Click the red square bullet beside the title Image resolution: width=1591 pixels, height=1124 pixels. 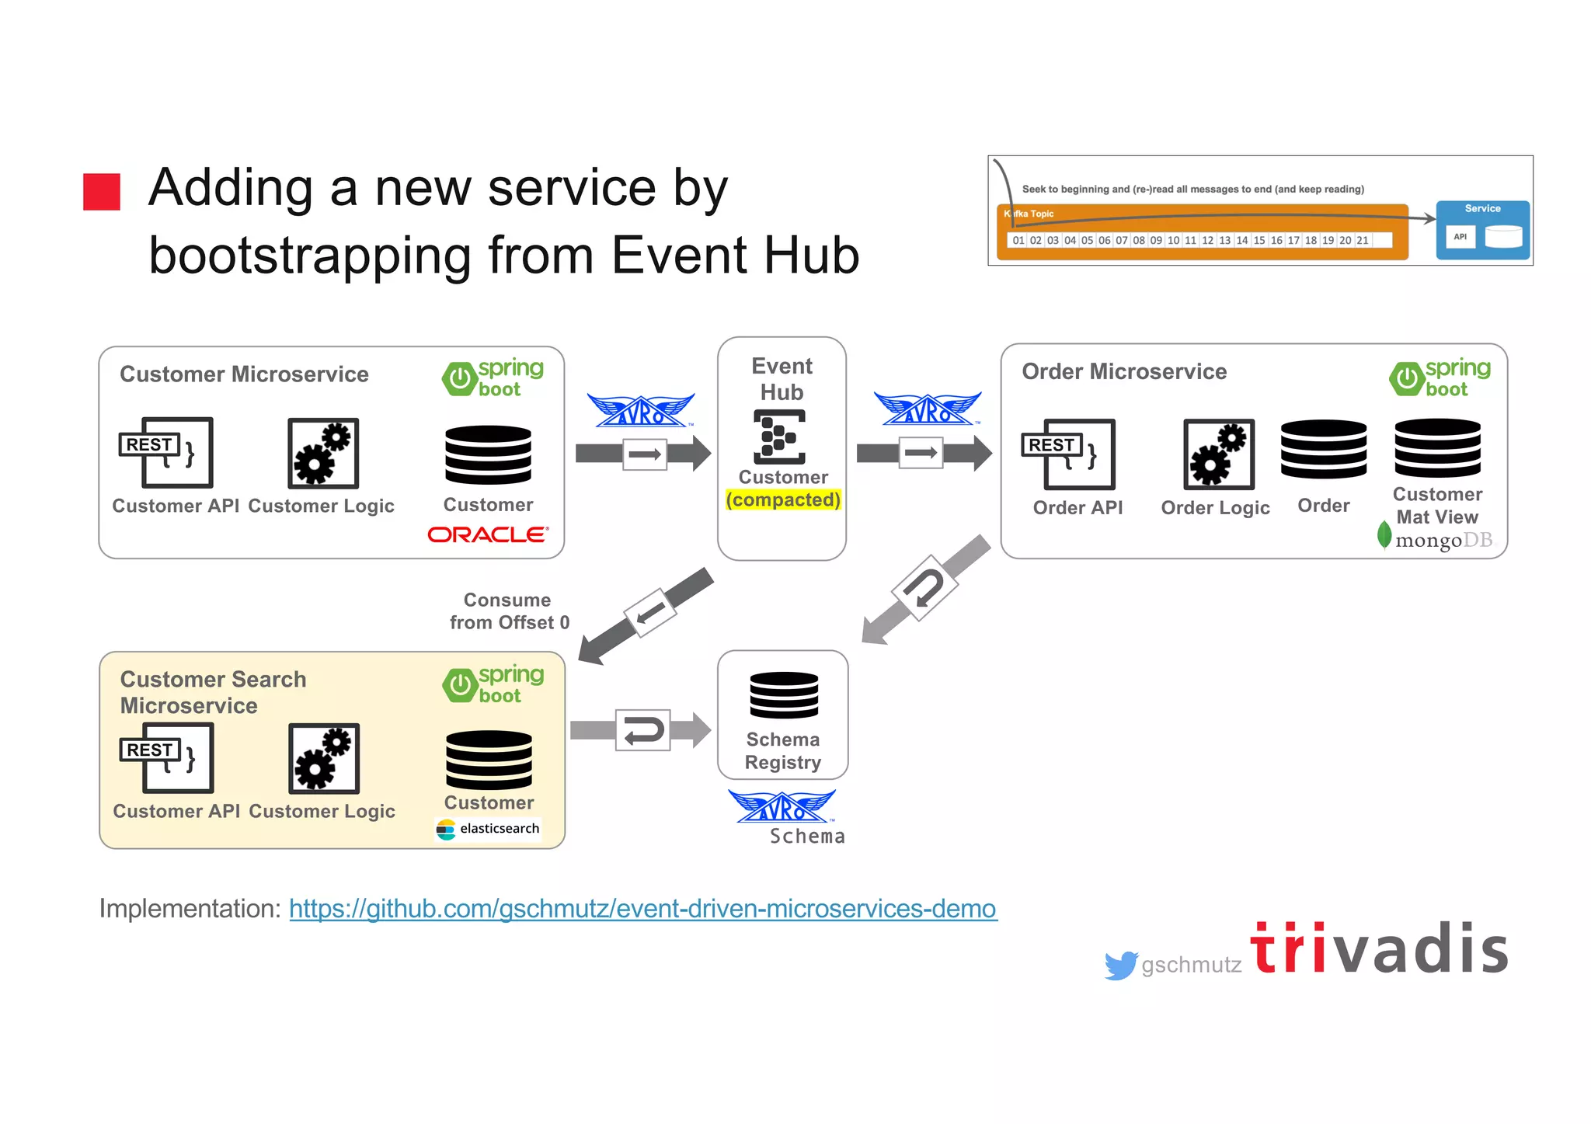click(x=102, y=192)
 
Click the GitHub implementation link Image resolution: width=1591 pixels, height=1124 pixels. click(x=642, y=908)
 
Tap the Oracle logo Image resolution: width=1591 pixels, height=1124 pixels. click(x=488, y=534)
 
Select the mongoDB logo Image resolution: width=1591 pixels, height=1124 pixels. click(x=1436, y=538)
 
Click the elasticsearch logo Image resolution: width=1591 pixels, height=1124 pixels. click(x=488, y=829)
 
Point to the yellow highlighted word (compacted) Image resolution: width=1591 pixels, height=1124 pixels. click(x=783, y=499)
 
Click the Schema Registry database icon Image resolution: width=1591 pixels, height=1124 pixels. click(x=784, y=695)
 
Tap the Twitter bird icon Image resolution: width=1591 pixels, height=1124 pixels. click(x=1120, y=966)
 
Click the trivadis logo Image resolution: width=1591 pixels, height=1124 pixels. click(x=1379, y=948)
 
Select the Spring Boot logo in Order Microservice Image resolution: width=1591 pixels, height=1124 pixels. click(x=1440, y=378)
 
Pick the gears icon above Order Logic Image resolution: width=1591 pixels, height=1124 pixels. click(x=1218, y=454)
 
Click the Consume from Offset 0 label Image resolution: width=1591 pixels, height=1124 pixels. click(x=509, y=611)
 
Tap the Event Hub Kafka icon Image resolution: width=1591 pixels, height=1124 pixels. click(x=779, y=437)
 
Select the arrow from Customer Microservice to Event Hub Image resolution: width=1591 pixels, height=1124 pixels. click(x=643, y=454)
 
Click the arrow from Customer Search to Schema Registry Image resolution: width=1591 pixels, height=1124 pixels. click(x=641, y=730)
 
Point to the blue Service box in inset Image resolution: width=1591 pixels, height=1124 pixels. click(x=1482, y=230)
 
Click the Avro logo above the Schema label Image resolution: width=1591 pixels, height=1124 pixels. click(x=782, y=808)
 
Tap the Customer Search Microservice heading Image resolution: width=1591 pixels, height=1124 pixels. click(x=213, y=692)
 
